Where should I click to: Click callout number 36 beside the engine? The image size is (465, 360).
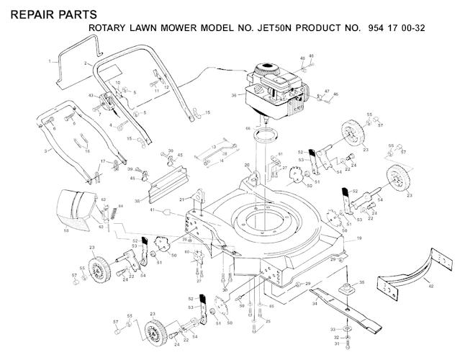(234, 94)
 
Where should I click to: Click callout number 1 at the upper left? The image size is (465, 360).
(50, 61)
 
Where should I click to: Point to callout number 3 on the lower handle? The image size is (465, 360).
(46, 151)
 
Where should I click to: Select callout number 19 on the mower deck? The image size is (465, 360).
(359, 238)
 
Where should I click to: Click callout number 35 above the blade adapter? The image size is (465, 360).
(361, 282)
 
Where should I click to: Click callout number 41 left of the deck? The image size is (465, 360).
(152, 210)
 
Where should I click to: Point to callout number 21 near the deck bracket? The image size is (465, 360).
(182, 199)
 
